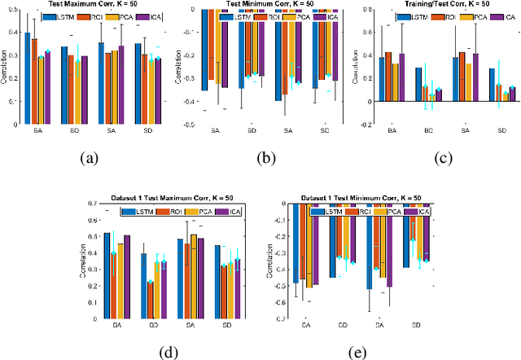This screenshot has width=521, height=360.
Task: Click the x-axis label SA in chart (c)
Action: (466, 131)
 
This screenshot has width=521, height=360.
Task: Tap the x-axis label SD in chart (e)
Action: (416, 324)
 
